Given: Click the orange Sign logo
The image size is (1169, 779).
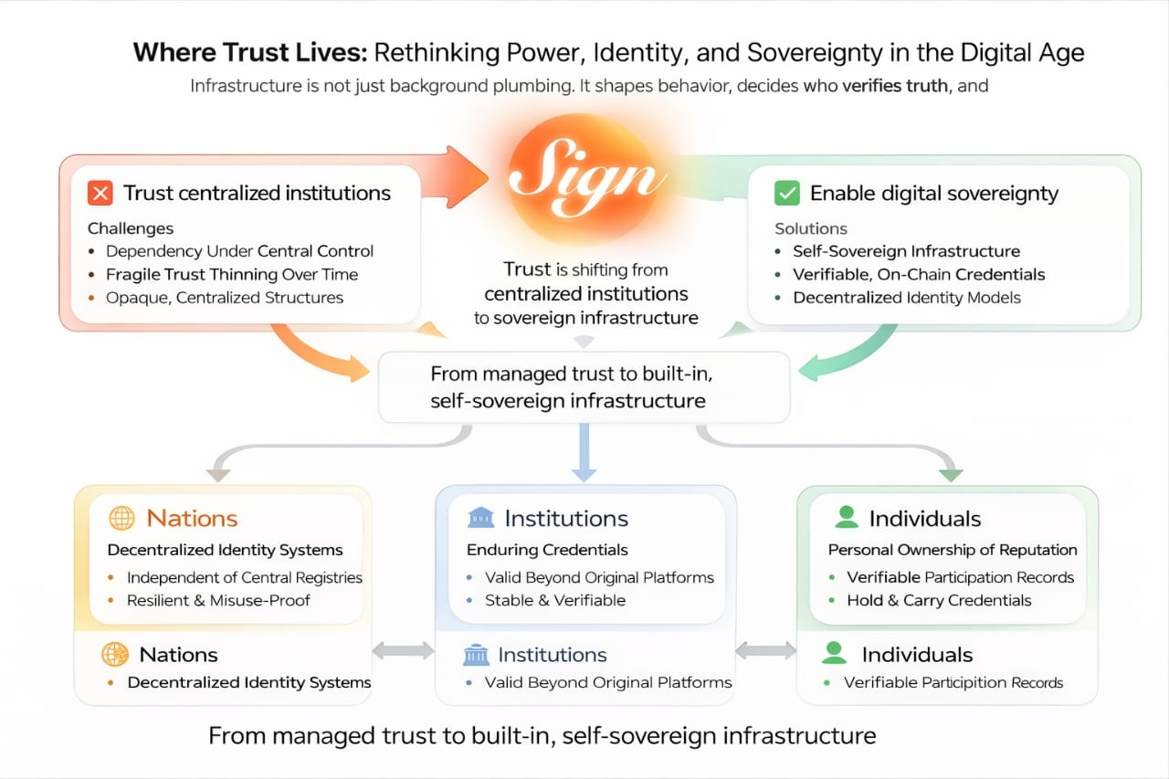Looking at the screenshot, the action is click(584, 177).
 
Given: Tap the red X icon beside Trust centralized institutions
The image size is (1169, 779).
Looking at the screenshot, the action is click(100, 194).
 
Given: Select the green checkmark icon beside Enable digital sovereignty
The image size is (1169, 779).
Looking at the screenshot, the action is click(785, 194).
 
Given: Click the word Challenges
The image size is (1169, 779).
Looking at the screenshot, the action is click(131, 228).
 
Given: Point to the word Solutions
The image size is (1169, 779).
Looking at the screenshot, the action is click(811, 228).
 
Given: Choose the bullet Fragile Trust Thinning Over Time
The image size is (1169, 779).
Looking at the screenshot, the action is click(232, 274).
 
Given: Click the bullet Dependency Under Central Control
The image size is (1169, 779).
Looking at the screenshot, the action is click(240, 251).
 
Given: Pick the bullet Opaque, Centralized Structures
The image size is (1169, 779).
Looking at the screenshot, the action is click(225, 297).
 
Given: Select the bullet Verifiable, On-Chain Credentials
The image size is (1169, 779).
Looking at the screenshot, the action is click(919, 274).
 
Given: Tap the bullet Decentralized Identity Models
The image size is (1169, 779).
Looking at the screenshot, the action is click(907, 297).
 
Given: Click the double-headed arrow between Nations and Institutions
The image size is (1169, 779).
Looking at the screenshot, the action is click(403, 650).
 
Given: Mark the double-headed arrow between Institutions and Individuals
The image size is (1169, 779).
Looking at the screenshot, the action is click(765, 650).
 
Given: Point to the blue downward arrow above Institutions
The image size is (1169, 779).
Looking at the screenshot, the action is click(584, 454).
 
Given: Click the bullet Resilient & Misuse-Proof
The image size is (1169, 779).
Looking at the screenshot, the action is click(218, 600).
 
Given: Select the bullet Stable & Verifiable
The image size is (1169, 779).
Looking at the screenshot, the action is click(555, 600).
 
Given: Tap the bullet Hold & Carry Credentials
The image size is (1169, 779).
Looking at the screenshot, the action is click(939, 600).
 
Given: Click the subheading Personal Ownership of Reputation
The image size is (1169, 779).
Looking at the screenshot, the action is click(953, 550).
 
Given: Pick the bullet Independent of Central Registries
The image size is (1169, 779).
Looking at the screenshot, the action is click(245, 577).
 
